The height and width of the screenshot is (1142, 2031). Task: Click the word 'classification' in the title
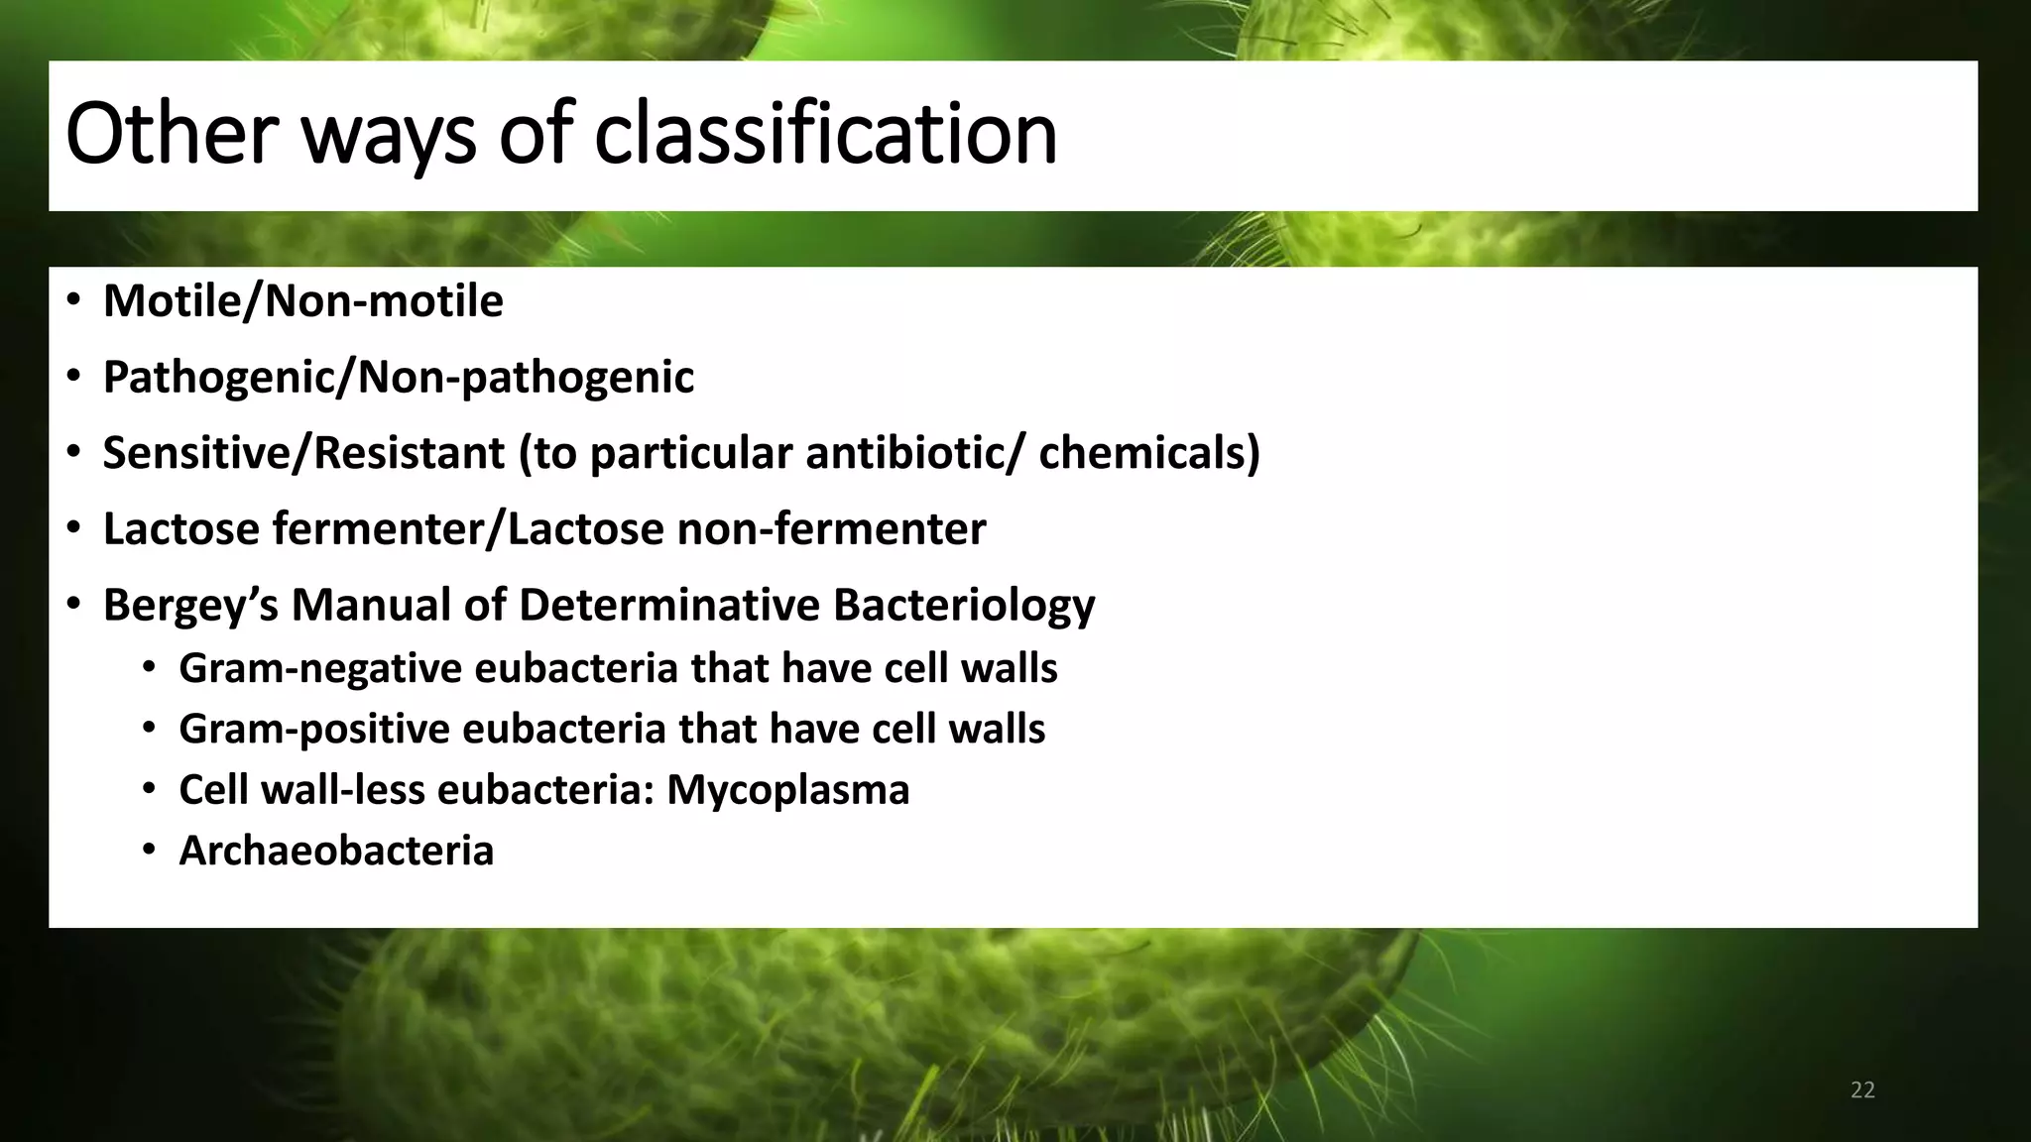coord(825,134)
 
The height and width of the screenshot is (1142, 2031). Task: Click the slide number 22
coord(1862,1090)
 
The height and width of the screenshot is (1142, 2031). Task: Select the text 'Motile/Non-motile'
coord(302,301)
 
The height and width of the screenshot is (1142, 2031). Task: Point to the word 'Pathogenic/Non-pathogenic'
coord(398,377)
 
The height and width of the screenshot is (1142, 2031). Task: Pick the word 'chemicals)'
coord(1149,453)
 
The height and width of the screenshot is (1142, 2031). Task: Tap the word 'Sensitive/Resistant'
coord(303,453)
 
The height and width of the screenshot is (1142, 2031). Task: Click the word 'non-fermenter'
coord(831,528)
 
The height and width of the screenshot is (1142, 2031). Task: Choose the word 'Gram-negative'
coord(319,668)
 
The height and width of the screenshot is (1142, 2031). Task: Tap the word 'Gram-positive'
coord(313,730)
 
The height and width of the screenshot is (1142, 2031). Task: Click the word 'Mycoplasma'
coord(787,790)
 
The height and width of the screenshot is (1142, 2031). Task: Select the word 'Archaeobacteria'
coord(335,851)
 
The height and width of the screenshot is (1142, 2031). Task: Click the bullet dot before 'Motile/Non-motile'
coord(73,299)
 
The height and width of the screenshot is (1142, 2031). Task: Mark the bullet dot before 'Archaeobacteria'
coord(149,850)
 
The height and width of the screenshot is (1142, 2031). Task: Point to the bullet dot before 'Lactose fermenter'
coord(73,527)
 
